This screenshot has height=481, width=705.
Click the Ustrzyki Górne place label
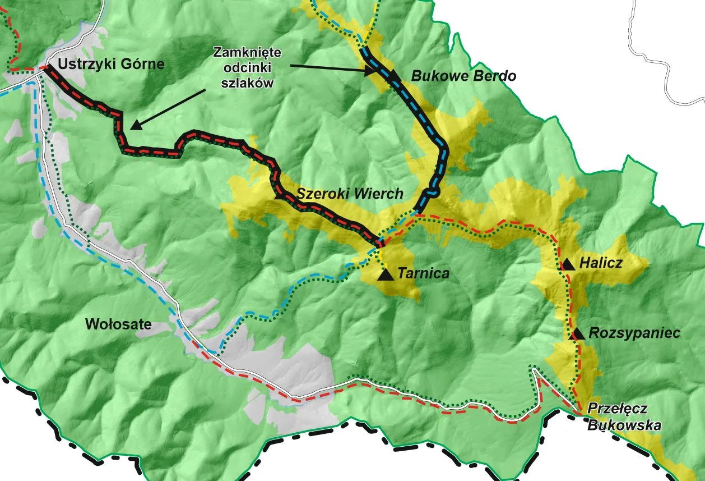(x=111, y=64)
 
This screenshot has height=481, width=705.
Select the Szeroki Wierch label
(x=350, y=194)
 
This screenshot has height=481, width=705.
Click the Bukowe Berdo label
(x=463, y=76)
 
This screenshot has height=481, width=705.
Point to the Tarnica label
(x=424, y=273)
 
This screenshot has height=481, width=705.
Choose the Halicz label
(x=601, y=262)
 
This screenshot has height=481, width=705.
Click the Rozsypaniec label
(x=634, y=333)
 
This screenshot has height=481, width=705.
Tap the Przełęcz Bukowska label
(x=624, y=417)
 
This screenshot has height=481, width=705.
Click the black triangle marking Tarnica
(x=385, y=274)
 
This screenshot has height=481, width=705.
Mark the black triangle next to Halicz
(x=568, y=264)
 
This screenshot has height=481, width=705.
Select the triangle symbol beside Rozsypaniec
(x=576, y=334)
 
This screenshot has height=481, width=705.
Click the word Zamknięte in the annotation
(x=247, y=53)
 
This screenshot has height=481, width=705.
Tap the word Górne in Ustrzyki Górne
(x=145, y=64)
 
